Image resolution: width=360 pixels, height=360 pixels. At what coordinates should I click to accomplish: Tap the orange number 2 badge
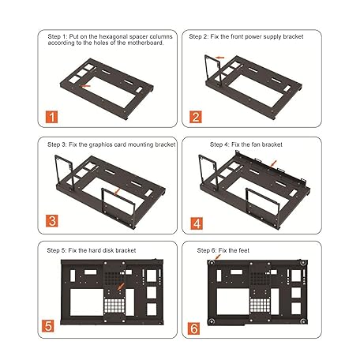coord(195,117)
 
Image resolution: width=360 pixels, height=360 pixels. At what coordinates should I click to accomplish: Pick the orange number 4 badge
coord(195,223)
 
